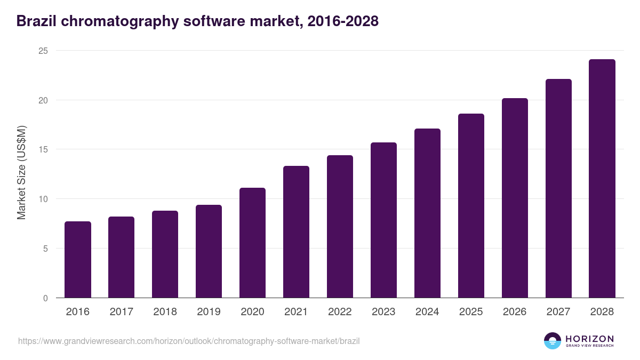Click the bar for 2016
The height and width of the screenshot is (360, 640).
[x=78, y=260]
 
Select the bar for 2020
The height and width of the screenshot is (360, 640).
[x=252, y=243]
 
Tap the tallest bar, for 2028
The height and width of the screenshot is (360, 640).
[x=602, y=179]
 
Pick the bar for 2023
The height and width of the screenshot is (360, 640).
[x=383, y=220]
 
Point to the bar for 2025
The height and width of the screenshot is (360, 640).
[x=471, y=206]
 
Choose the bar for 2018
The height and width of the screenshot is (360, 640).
[x=165, y=254]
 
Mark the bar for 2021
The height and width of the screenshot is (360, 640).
[x=296, y=232]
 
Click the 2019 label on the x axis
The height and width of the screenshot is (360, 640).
[x=209, y=312]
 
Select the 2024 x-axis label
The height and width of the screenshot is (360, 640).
[x=427, y=312]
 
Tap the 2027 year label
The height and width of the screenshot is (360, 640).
[x=558, y=312]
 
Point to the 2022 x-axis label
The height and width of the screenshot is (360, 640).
[x=340, y=312]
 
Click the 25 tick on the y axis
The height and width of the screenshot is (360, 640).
[x=43, y=51]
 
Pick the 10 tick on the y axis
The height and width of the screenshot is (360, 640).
[x=43, y=199]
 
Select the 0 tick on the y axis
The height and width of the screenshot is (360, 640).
[x=45, y=298]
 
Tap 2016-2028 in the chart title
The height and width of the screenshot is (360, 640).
[x=342, y=21]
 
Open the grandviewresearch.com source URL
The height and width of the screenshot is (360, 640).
[x=189, y=341]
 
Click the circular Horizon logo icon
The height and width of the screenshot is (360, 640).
[x=553, y=341]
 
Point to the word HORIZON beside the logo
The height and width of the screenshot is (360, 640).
[x=589, y=338]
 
